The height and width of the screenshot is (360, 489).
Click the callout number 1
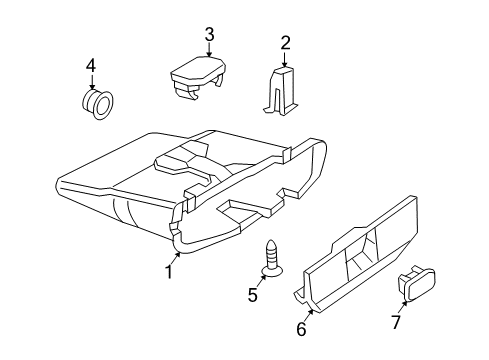pyautogui.click(x=170, y=272)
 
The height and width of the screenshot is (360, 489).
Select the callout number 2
pyautogui.click(x=285, y=42)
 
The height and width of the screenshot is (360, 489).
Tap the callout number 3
pyautogui.click(x=209, y=35)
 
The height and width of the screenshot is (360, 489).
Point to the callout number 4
pyautogui.click(x=90, y=66)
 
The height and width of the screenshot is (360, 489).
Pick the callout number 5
pyautogui.click(x=252, y=295)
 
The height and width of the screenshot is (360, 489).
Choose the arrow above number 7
pyautogui.click(x=403, y=303)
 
